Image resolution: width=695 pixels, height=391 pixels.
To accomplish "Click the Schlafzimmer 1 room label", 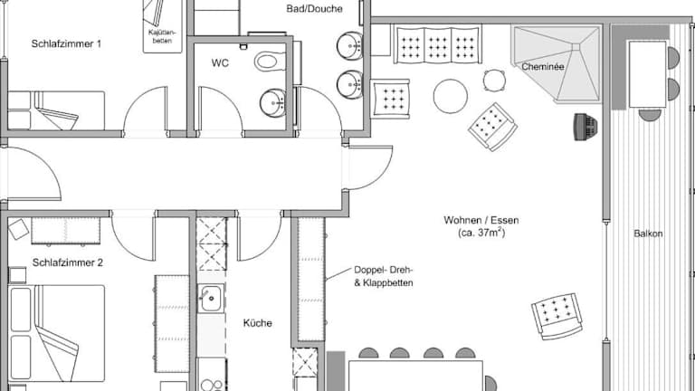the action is [x=66, y=43].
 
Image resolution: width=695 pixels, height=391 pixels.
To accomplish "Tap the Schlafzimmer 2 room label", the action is [x=67, y=262].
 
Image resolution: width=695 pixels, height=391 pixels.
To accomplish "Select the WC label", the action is [x=220, y=63].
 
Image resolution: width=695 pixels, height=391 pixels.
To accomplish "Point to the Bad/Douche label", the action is [x=314, y=8].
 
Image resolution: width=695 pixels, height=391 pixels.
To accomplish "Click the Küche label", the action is [x=258, y=323].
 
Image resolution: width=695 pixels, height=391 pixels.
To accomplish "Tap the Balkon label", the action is [x=648, y=234].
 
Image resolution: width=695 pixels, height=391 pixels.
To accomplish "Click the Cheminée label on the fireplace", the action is [x=543, y=67].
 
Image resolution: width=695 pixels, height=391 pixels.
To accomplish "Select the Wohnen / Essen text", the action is [x=481, y=220].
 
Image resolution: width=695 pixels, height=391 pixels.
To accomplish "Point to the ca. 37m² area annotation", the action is [x=481, y=233].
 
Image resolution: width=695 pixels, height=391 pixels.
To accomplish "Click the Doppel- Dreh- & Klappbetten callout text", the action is [x=384, y=276].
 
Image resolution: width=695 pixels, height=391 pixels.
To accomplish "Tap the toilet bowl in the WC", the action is [x=269, y=62].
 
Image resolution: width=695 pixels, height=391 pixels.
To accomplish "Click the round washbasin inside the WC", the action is [x=272, y=103].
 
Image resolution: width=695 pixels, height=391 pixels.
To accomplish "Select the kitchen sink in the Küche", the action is [x=211, y=299].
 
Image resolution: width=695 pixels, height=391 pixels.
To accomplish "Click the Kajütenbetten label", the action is [x=162, y=36].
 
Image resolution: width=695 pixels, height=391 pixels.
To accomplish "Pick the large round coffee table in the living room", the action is [x=451, y=96].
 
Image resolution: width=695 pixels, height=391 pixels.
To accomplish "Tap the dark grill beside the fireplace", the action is [x=586, y=127].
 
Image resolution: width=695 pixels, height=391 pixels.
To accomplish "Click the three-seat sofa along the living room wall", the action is [x=437, y=44].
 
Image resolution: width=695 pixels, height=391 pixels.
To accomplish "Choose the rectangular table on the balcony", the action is [x=648, y=74].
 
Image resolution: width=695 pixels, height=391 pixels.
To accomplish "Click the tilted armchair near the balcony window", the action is [x=557, y=316].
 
